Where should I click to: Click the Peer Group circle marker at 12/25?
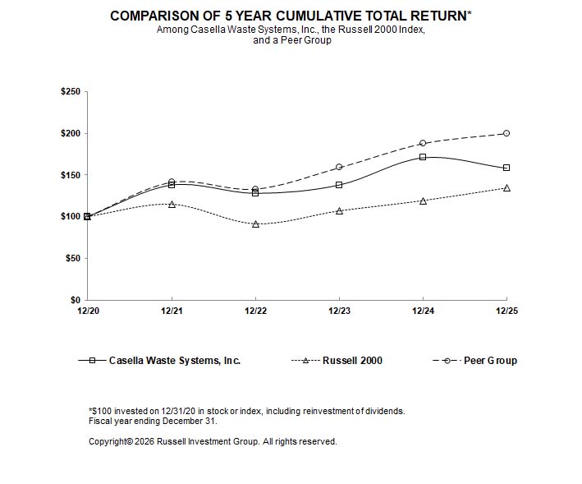[506, 133]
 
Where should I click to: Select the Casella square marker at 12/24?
[423, 157]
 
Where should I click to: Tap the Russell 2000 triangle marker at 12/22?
[255, 224]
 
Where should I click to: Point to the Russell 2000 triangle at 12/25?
[506, 187]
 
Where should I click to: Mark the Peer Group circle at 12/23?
[339, 167]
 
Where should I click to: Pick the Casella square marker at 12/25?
[506, 168]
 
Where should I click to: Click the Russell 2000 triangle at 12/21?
[172, 204]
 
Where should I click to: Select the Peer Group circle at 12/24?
[423, 143]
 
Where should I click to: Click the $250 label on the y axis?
[71, 92]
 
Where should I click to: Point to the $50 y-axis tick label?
[73, 259]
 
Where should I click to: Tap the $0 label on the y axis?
[76, 301]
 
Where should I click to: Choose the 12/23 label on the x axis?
[339, 311]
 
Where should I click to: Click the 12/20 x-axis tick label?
[87, 311]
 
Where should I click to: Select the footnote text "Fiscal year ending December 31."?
[152, 421]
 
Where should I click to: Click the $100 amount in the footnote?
[101, 411]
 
